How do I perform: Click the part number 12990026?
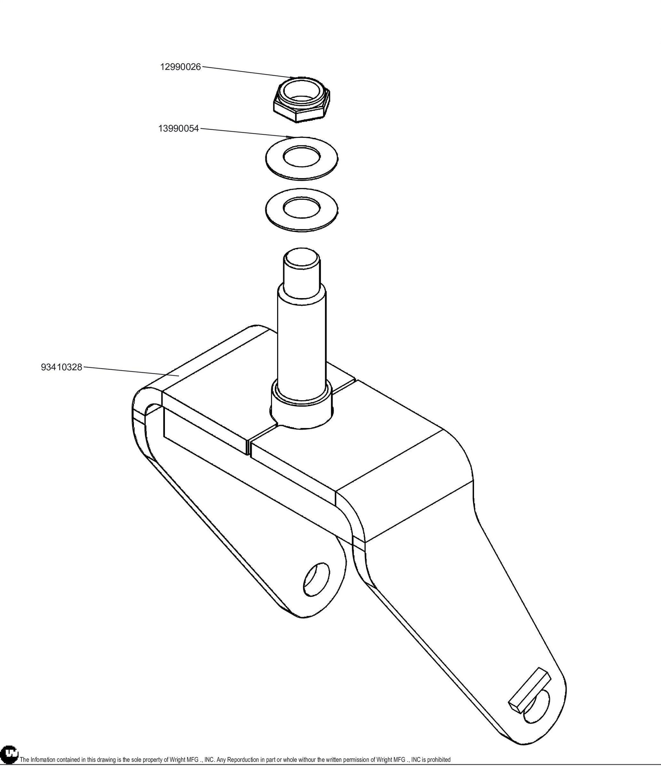click(x=180, y=67)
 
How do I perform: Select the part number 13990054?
click(x=179, y=129)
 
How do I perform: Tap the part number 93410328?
click(x=61, y=368)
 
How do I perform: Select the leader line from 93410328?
click(x=132, y=371)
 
